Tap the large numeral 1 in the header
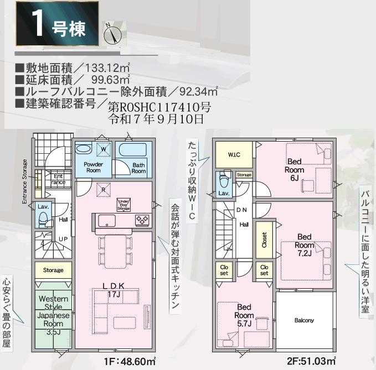pos(38,24)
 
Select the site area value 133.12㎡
pos(107,68)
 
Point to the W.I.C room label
pos(234,155)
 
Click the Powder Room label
pos(93,168)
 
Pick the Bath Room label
pos(138,168)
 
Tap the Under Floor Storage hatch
pos(123,205)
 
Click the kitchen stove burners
pos(142,220)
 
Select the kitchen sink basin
pos(107,221)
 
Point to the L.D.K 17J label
pos(114,290)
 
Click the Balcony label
pos(304,320)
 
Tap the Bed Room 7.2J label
pos(305,245)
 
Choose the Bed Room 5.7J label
pos(244,315)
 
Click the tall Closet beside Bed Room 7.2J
pos(265,239)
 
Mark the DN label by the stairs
pos(241,210)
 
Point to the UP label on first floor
pos(63,239)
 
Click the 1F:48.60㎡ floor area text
pos(130,361)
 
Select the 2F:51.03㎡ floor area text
pos(311,361)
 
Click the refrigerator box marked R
pos(104,190)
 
